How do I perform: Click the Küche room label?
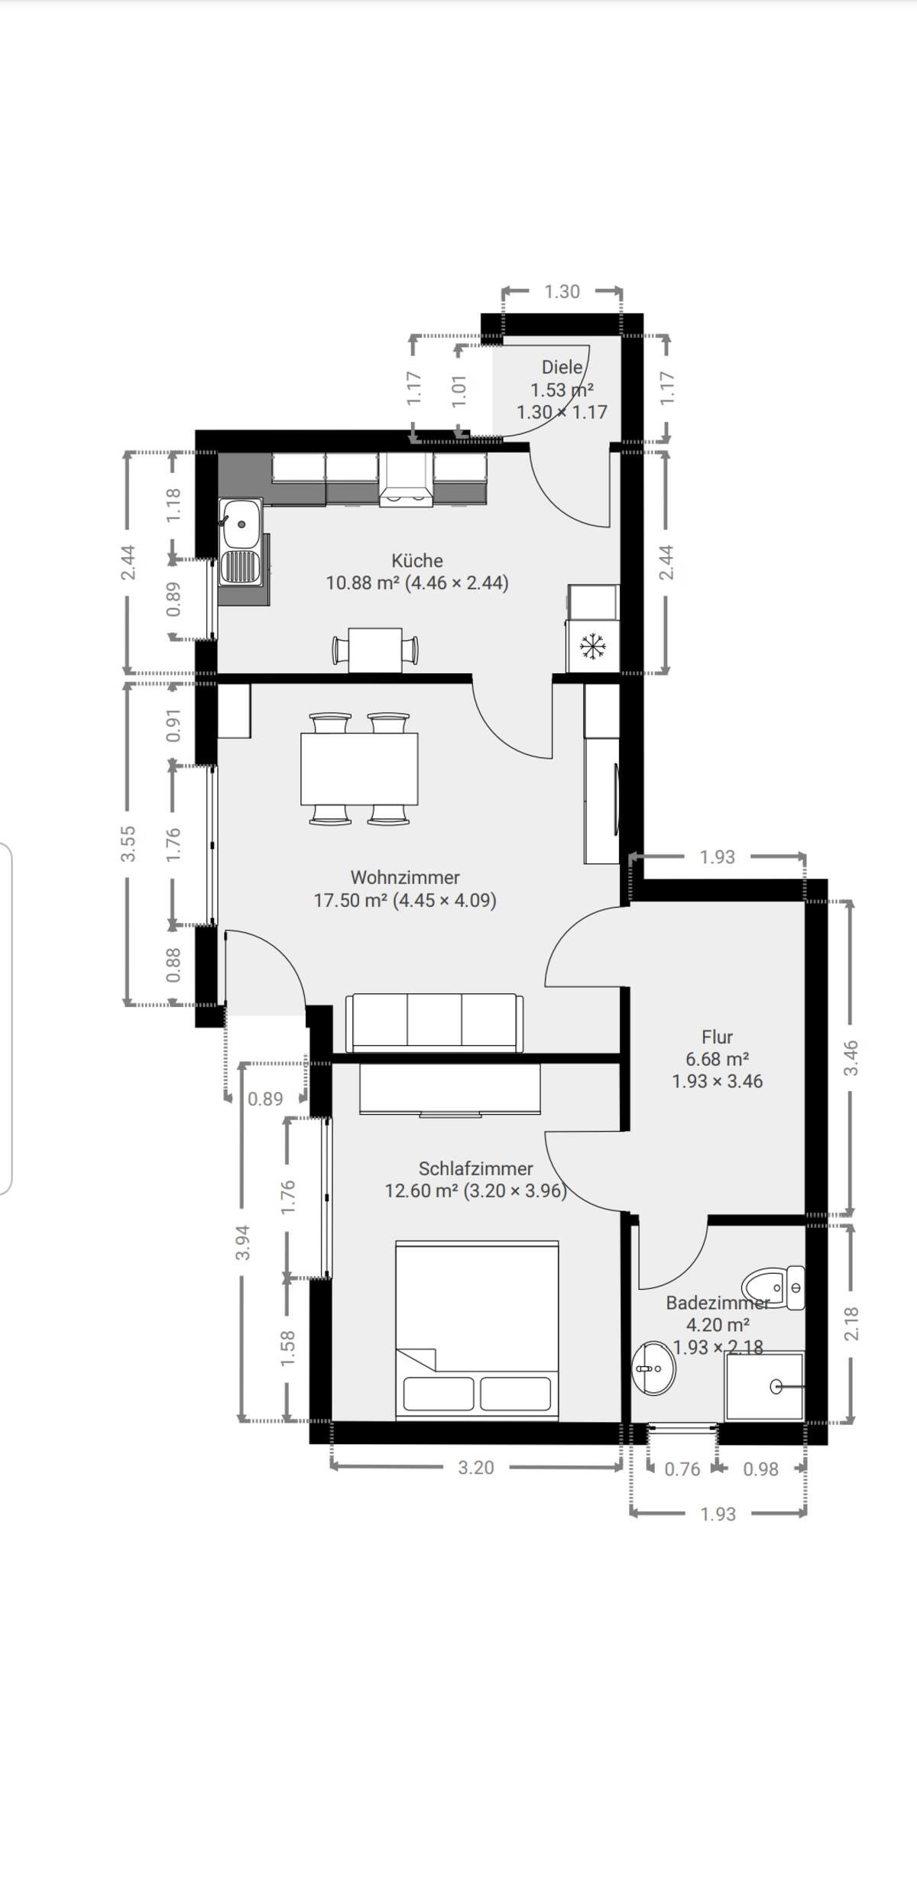tap(417, 560)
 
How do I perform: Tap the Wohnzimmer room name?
tap(405, 877)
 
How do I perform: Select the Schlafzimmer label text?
tap(475, 1168)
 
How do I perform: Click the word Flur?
tap(717, 1037)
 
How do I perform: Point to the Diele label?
tap(562, 367)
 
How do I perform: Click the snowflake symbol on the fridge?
tap(592, 646)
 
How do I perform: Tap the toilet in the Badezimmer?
tap(772, 1287)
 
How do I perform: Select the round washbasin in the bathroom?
tap(653, 1368)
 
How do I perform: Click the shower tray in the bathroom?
tap(764, 1386)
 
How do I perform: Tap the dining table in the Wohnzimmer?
tap(359, 768)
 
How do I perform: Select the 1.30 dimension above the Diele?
tap(562, 292)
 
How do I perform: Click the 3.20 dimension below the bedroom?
tap(475, 1468)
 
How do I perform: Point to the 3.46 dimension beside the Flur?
tap(851, 1057)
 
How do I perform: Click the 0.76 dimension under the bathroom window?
tap(682, 1469)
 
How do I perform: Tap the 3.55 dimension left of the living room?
tap(128, 844)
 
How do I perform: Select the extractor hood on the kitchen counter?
tap(407, 480)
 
